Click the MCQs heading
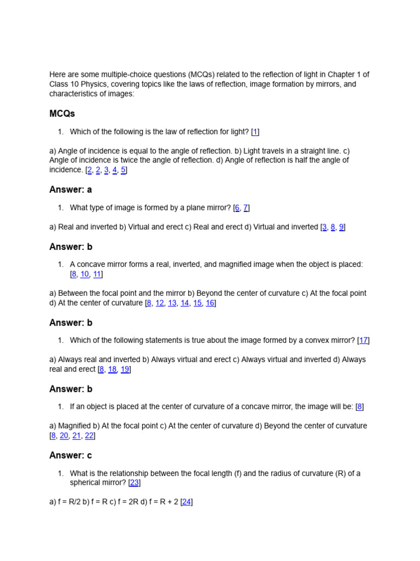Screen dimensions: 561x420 click(x=62, y=113)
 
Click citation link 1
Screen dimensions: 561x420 click(x=255, y=132)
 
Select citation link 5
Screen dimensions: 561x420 click(x=124, y=170)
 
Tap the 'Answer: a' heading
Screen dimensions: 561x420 click(x=71, y=190)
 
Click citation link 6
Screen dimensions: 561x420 click(x=236, y=208)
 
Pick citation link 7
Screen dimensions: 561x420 click(x=246, y=208)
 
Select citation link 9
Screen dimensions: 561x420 click(x=341, y=227)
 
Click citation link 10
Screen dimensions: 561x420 click(x=85, y=274)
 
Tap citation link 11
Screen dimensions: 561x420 click(x=97, y=274)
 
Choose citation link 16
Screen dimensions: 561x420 click(x=210, y=303)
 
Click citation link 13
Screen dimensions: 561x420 click(x=172, y=303)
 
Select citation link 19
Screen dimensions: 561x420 click(x=125, y=369)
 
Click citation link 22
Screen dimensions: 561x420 click(x=89, y=436)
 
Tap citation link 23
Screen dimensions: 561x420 click(x=135, y=483)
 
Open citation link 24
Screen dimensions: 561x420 click(x=186, y=502)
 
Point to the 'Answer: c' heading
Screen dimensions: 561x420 click(x=71, y=455)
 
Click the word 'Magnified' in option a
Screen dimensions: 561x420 click(x=75, y=426)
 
